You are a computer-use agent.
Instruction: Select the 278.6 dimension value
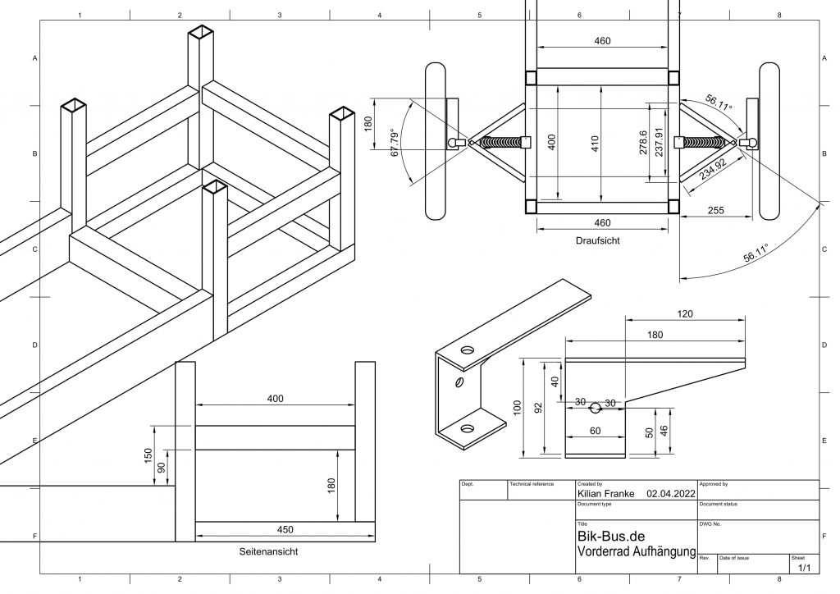point(642,144)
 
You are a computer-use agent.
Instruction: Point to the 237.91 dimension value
point(657,144)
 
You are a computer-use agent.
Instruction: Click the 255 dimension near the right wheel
point(715,211)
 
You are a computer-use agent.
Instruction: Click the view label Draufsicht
point(598,241)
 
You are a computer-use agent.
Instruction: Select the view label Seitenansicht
point(268,551)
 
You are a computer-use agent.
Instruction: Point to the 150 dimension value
point(148,454)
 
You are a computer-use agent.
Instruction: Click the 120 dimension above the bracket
point(685,314)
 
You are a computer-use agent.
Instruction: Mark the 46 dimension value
point(664,430)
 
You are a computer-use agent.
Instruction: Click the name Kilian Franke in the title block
point(606,494)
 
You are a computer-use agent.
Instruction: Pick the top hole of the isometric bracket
point(467,350)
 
